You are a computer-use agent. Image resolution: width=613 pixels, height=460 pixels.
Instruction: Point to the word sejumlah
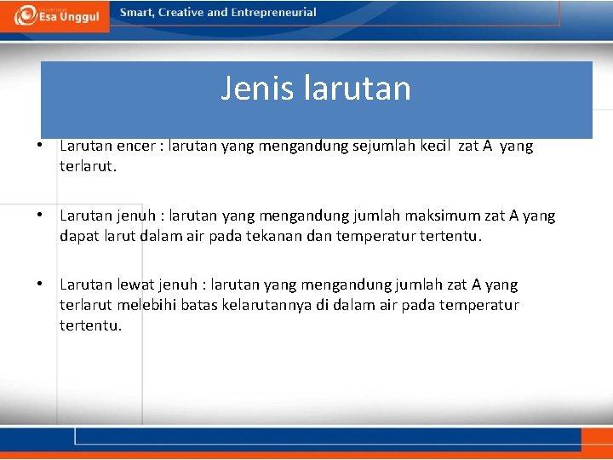pos(398,146)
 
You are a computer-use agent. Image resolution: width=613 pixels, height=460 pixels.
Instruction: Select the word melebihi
pos(146,305)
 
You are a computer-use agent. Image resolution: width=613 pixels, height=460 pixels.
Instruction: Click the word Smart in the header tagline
pos(136,13)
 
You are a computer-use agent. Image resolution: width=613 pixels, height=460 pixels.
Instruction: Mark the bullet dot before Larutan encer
pos(40,147)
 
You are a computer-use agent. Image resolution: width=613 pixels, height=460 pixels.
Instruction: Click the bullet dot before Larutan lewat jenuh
pos(40,285)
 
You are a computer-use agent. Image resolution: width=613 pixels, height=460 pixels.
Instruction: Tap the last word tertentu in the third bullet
pos(90,325)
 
